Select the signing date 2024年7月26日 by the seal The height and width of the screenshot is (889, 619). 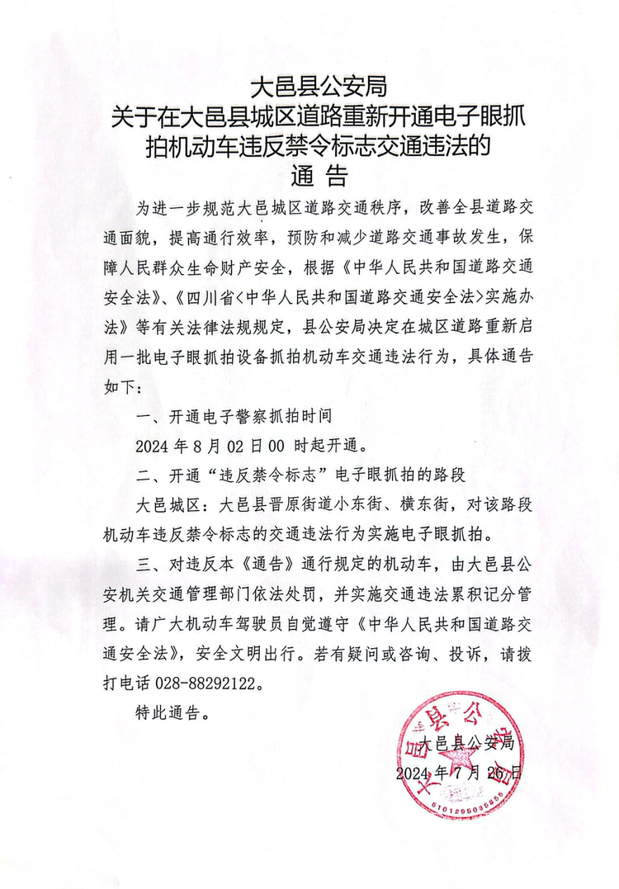pos(459,773)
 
